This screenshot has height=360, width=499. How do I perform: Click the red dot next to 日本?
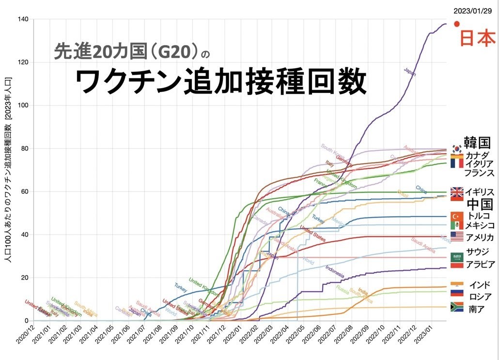tap(456, 24)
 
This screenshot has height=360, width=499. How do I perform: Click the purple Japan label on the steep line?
tap(410, 72)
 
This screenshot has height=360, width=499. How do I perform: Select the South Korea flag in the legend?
tap(456, 149)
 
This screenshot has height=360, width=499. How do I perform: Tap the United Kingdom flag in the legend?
tap(457, 193)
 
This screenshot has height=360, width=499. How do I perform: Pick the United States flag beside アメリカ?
tap(457, 236)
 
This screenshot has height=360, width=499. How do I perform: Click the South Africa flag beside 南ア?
tap(457, 307)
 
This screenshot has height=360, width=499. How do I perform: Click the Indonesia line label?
tap(335, 272)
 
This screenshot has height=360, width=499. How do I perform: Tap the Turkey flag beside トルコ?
tap(457, 216)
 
